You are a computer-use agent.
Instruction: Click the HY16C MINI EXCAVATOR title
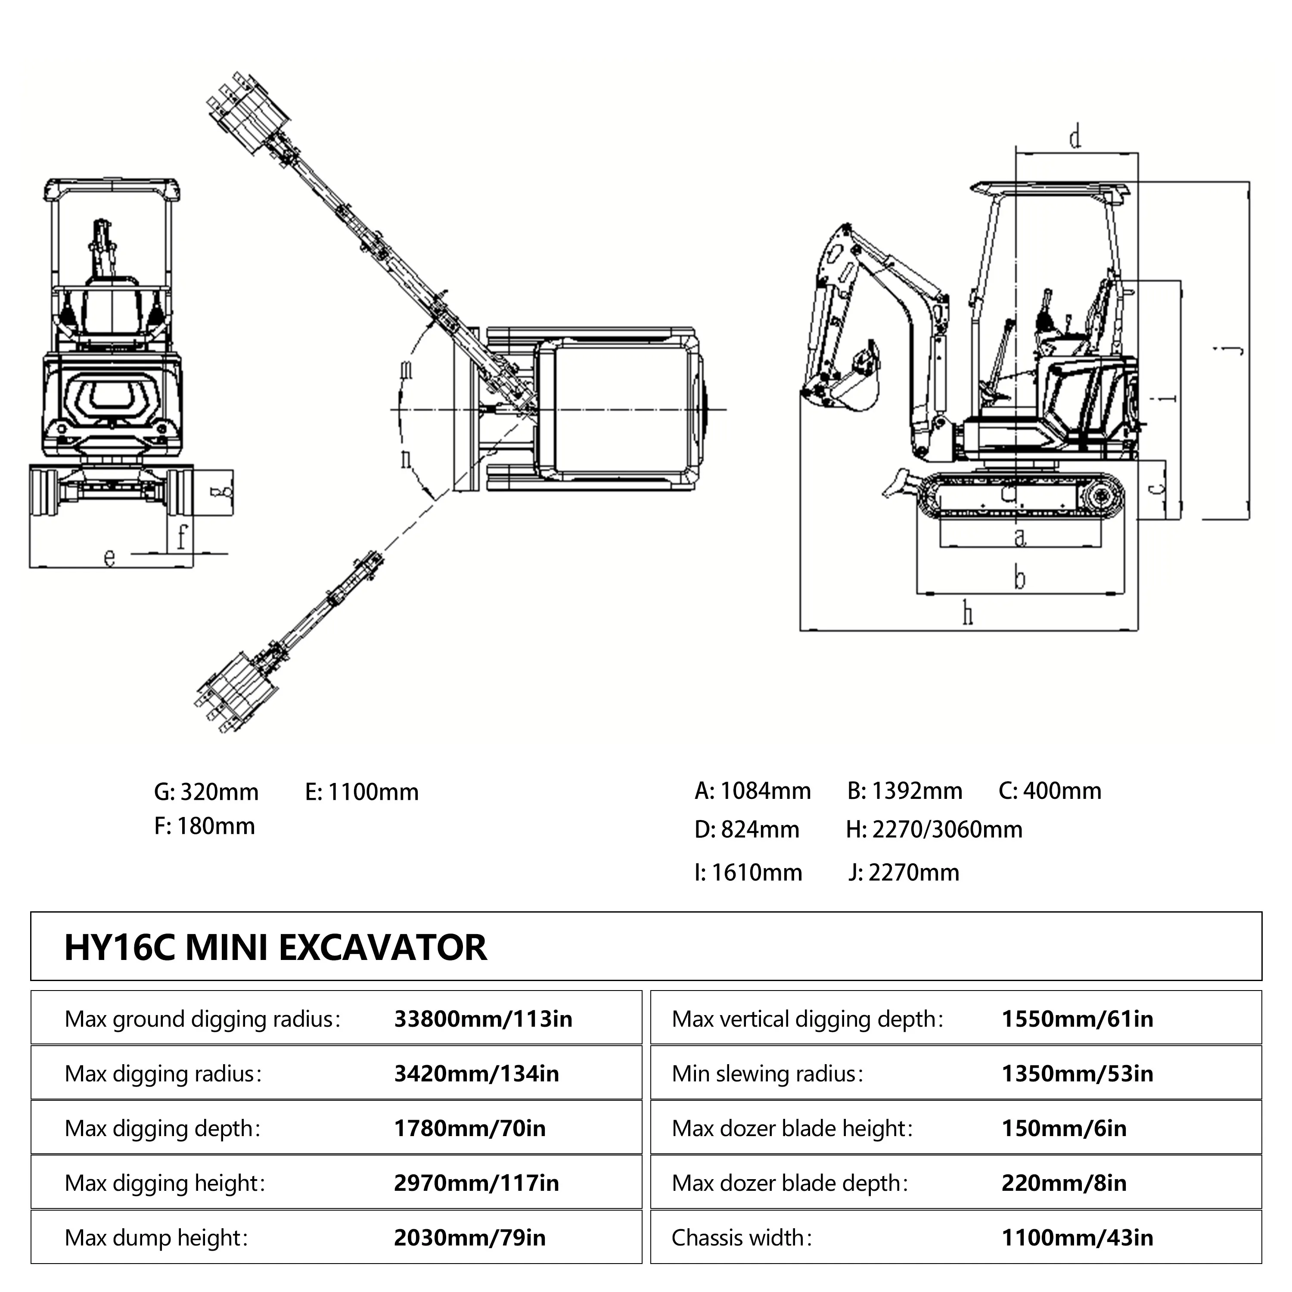point(276,947)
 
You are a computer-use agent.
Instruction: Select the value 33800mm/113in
point(483,1019)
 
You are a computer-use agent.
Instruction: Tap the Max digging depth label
point(162,1129)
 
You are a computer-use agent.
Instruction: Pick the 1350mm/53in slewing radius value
point(1077,1074)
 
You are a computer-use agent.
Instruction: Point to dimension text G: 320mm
point(206,792)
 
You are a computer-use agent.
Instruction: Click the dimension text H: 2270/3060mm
point(934,830)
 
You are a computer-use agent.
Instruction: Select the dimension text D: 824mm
point(746,830)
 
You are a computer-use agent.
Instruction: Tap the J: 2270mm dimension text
point(904,873)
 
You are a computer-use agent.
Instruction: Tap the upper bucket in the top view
point(251,114)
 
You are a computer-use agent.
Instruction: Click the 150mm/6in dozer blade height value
point(1063,1129)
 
